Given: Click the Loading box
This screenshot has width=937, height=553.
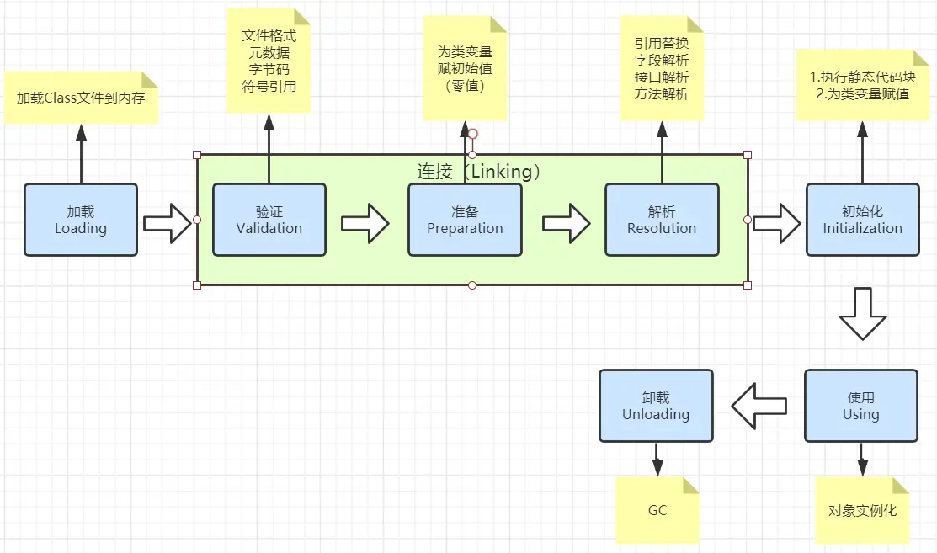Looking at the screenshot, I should click(x=81, y=220).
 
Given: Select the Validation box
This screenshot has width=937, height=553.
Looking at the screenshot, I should click(x=269, y=220).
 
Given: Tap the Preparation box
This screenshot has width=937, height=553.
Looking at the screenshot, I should click(x=465, y=220).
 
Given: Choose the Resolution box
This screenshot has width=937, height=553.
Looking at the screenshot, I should click(x=662, y=220).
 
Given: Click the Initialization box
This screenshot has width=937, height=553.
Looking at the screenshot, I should click(x=862, y=220).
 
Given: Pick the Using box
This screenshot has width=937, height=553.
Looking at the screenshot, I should click(x=860, y=406).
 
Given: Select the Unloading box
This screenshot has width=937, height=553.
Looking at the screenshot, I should click(x=656, y=406).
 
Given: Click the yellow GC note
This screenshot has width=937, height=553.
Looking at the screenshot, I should click(x=657, y=510).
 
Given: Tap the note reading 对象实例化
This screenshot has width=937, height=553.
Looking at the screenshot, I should click(x=862, y=510).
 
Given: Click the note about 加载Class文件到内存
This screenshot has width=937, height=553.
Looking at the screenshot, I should click(x=81, y=98).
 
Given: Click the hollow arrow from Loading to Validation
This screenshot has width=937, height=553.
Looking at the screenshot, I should click(x=168, y=223).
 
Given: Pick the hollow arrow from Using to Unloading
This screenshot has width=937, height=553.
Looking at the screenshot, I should click(x=759, y=407).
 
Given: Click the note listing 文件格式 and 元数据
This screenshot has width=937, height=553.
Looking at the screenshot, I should click(x=269, y=61).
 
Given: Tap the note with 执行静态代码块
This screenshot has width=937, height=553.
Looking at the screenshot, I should click(x=862, y=85).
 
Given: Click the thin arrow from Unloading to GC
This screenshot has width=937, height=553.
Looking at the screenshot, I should click(x=657, y=459).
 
